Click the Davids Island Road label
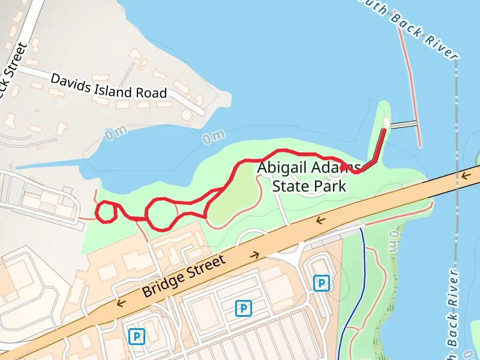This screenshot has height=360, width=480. click(x=108, y=86)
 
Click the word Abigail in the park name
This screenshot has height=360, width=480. click(x=281, y=168)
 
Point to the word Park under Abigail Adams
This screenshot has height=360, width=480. click(x=331, y=186)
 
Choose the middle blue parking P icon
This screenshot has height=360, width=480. click(x=243, y=308)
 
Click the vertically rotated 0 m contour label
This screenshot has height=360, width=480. click(x=394, y=240)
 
